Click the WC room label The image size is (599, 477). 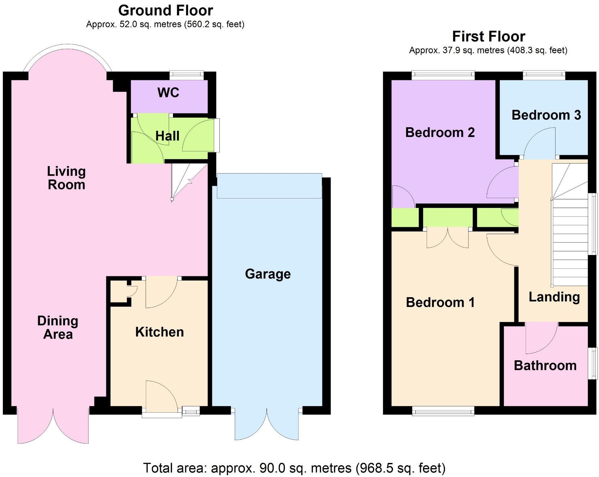tap(168, 93)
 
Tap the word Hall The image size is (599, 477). tap(167, 136)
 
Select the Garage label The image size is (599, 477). tap(267, 274)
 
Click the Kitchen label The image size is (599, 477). tap(159, 332)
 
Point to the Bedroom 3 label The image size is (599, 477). tap(546, 115)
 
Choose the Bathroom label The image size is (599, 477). tap(545, 365)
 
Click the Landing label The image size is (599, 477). tap(554, 297)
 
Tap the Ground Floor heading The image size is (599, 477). tap(165, 10)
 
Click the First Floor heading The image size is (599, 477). tap(488, 36)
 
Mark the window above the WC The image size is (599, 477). tap(187, 74)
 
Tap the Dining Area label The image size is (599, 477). tap(58, 327)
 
